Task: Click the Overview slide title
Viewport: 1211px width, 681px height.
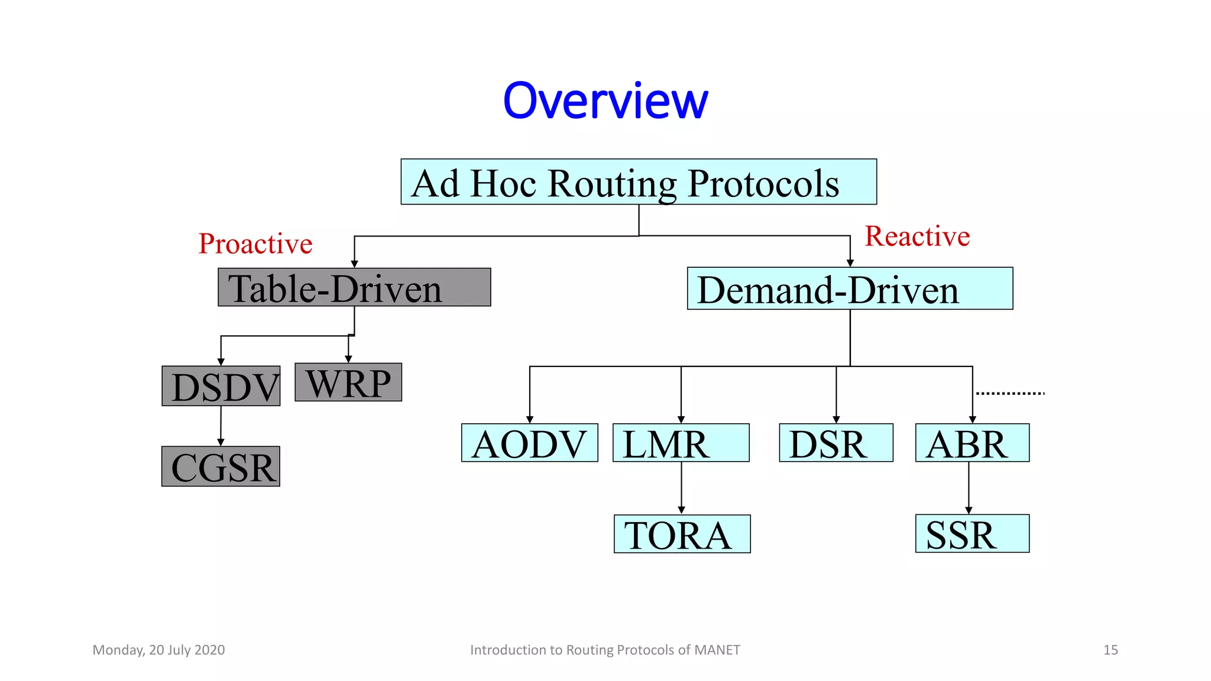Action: (605, 100)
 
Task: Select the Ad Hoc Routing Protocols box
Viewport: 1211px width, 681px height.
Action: (639, 182)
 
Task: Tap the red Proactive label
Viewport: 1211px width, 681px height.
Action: (255, 244)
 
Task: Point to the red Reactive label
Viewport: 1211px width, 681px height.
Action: (917, 236)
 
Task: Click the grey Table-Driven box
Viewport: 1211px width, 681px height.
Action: (354, 287)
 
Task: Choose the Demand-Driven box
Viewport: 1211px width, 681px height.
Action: (850, 288)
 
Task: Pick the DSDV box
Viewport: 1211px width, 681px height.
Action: (221, 386)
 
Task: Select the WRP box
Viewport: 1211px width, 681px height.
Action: (348, 382)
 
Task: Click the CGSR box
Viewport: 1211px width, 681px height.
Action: (221, 466)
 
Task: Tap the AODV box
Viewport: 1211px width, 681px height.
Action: (529, 443)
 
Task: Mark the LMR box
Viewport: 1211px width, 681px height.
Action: (681, 443)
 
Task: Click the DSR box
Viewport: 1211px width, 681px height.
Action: (836, 443)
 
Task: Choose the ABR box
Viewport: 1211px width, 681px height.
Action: (972, 443)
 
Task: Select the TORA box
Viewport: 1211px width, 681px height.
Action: (682, 534)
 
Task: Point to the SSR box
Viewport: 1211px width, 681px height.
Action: (972, 534)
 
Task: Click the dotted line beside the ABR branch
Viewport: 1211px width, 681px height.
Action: (1010, 393)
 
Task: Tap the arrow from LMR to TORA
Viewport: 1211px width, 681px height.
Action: (681, 488)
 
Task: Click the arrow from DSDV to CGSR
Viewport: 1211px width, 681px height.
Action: (221, 426)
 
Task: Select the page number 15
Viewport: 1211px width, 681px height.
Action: (1110, 650)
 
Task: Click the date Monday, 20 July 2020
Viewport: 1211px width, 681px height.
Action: (158, 650)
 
